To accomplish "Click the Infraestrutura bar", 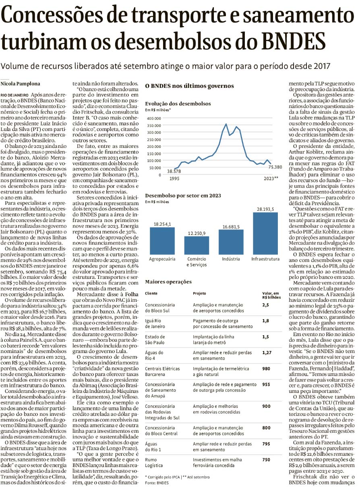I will pos(265,233).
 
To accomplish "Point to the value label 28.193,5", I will pos(265,209).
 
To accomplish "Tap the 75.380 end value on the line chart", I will pos(275,167).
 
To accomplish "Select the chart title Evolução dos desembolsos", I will pos(178,104).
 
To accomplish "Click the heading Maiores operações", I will pos(168,282).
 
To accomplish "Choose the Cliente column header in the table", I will pos(151,294).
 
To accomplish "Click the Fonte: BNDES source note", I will pos(157,482).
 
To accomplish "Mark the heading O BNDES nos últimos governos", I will pos(189,86).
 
